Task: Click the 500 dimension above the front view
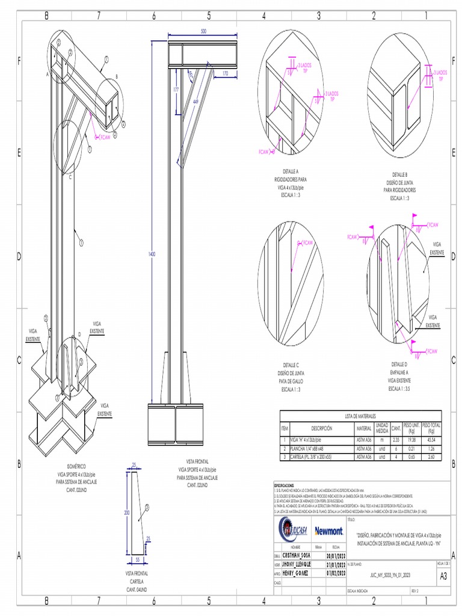[x=203, y=31]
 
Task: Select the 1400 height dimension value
[x=152, y=254]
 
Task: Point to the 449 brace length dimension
[x=196, y=102]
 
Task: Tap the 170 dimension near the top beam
[x=225, y=73]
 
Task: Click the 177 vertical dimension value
[x=176, y=89]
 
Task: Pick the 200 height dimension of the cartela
[x=126, y=513]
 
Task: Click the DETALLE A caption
[x=291, y=171]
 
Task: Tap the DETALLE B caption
[x=400, y=174]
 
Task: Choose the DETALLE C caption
[x=291, y=365]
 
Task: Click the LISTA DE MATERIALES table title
[x=360, y=416]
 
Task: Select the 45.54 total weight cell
[x=431, y=440]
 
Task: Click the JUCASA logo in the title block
[x=293, y=531]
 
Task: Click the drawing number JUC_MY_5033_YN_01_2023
[x=390, y=575]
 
